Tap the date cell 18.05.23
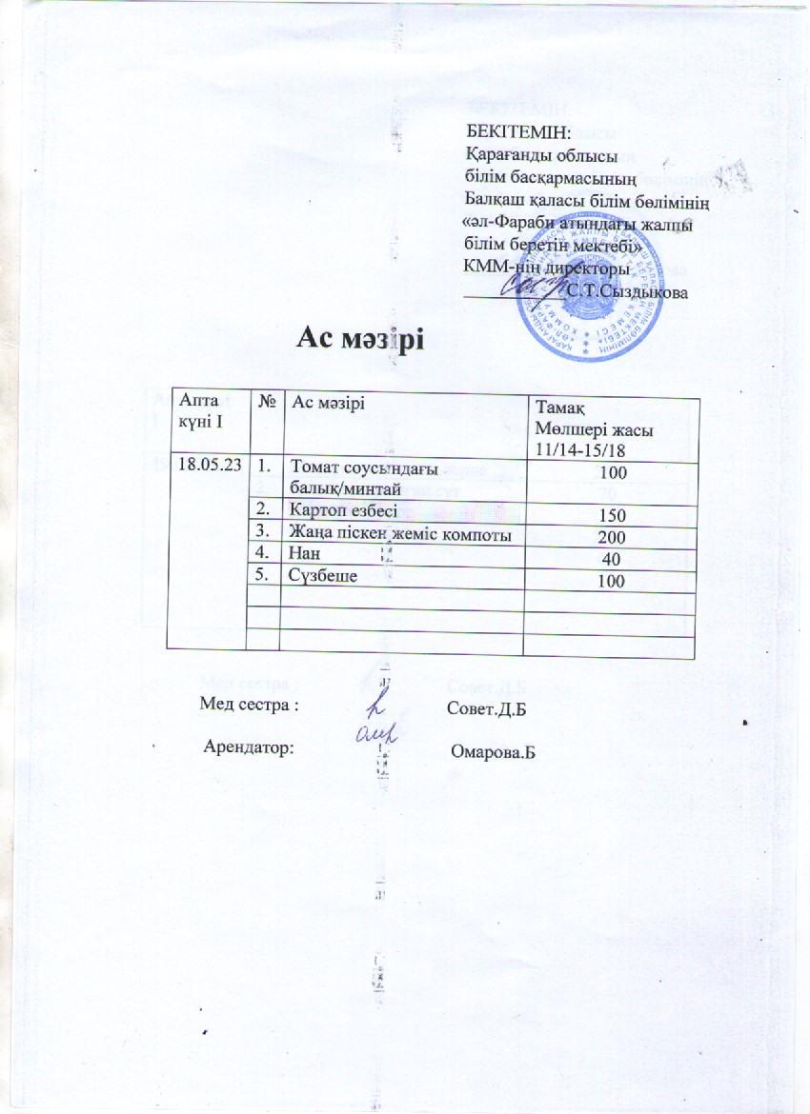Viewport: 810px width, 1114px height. click(209, 465)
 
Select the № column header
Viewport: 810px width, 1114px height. click(267, 403)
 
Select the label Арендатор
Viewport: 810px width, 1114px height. click(249, 747)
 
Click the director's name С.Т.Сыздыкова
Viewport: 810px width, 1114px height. click(626, 292)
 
